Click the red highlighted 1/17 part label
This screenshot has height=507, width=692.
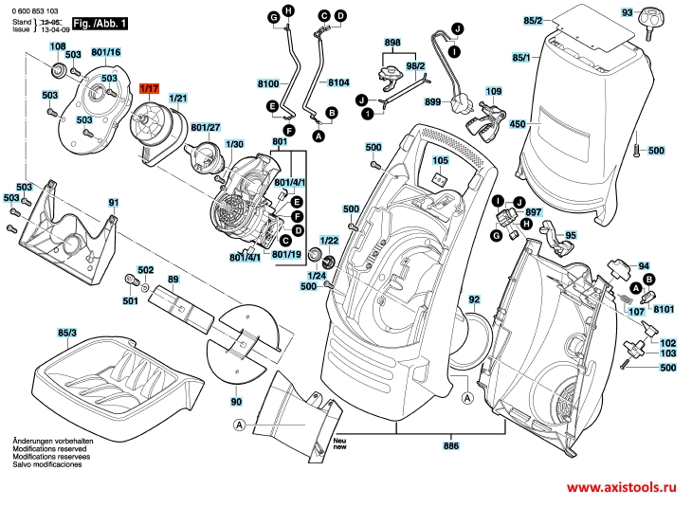(x=149, y=89)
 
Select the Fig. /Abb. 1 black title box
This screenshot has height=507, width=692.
(x=100, y=24)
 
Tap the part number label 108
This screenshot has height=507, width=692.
(x=58, y=46)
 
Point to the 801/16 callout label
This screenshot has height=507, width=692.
(x=106, y=52)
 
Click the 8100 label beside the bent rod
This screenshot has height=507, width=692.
(x=268, y=83)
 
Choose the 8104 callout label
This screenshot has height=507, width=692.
(x=338, y=82)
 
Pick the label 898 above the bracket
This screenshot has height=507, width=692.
(x=392, y=43)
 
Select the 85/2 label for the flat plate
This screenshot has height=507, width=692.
(x=533, y=21)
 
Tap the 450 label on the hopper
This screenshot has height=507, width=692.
(x=518, y=124)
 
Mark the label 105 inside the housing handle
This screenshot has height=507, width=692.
(x=440, y=160)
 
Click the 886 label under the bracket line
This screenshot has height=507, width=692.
(x=451, y=445)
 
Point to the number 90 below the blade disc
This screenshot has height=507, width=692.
(x=236, y=402)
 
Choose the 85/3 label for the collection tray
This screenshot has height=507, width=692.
(x=67, y=333)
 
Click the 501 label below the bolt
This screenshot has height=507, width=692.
(x=130, y=301)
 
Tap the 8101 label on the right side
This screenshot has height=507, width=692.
(x=664, y=309)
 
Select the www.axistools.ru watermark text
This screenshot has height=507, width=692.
(x=622, y=487)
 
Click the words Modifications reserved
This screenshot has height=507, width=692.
(x=49, y=449)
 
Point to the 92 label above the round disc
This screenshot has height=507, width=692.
(x=474, y=299)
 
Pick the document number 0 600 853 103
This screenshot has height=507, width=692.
(x=35, y=11)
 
